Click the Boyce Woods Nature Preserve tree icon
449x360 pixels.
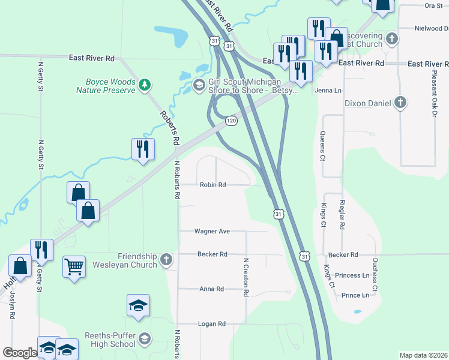(144, 85)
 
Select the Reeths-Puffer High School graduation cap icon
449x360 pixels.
(144, 340)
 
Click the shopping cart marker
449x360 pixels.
(74, 266)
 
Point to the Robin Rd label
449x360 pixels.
(213, 185)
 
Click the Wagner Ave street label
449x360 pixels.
(212, 231)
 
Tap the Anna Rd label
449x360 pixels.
(211, 289)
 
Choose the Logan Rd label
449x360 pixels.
(212, 324)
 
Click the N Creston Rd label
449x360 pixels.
(246, 277)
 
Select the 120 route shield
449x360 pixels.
(231, 121)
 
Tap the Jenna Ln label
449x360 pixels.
(328, 91)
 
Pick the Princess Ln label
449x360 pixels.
(352, 275)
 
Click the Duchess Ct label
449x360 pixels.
(375, 275)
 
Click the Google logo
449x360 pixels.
(20, 353)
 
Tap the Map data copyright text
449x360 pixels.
(423, 355)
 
